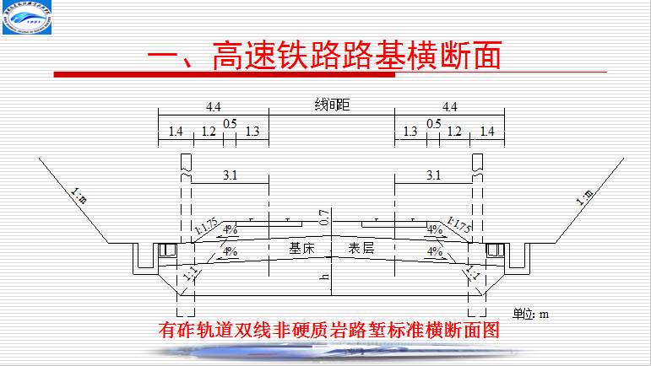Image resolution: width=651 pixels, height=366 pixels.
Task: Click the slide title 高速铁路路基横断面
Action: tap(324, 56)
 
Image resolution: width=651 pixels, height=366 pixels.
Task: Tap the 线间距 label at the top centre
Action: tap(332, 105)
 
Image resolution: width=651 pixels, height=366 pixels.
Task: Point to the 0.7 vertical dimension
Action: tap(323, 216)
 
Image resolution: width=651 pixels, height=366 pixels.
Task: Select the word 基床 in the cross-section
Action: tap(301, 249)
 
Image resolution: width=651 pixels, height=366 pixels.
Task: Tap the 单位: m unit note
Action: tap(532, 314)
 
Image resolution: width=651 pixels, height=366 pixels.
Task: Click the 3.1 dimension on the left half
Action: tap(230, 175)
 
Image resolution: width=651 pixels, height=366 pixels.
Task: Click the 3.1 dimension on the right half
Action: tap(433, 175)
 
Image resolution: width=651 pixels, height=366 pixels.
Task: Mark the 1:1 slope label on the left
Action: tap(188, 272)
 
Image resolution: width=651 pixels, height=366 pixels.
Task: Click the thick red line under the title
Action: tap(224, 76)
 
